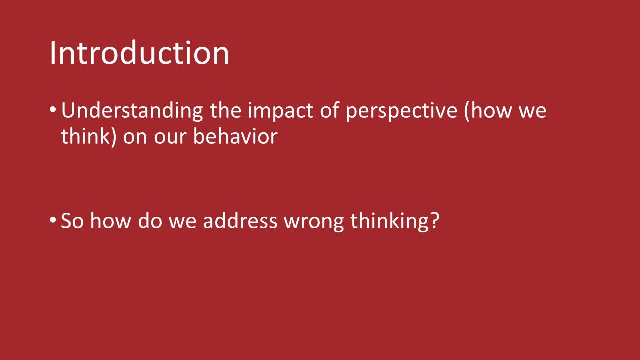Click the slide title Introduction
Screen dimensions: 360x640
tap(139, 53)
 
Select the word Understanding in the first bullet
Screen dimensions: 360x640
tap(132, 111)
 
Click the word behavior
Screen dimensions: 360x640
tap(235, 137)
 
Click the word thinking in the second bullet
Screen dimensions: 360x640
tap(389, 221)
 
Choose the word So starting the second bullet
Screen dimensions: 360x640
tap(72, 221)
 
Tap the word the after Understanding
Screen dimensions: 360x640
tap(225, 111)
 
